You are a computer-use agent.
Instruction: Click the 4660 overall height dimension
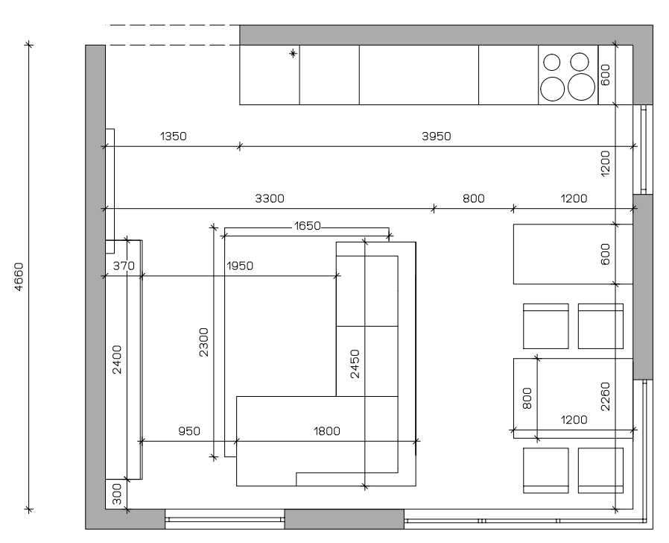(19, 277)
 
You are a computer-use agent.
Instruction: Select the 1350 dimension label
(174, 136)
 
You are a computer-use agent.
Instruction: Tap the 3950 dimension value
(436, 136)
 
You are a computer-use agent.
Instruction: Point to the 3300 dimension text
(270, 198)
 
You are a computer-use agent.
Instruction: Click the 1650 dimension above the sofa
(307, 225)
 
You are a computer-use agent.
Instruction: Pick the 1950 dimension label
(240, 266)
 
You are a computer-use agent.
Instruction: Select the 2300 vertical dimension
(204, 342)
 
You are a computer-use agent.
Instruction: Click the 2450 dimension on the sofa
(355, 364)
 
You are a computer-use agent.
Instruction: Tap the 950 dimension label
(189, 431)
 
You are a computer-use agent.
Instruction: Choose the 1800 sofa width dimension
(327, 431)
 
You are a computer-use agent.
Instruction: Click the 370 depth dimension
(124, 266)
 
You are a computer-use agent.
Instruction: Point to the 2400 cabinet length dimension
(117, 360)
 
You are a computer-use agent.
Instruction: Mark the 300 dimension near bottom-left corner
(117, 494)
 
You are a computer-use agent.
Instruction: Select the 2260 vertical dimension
(605, 397)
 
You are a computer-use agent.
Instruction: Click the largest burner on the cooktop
(581, 87)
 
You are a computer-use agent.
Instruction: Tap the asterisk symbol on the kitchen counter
(293, 54)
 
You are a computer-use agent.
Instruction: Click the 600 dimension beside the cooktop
(605, 75)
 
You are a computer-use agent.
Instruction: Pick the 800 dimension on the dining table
(527, 398)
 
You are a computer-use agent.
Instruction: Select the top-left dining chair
(545, 326)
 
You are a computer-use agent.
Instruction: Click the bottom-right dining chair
(600, 471)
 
